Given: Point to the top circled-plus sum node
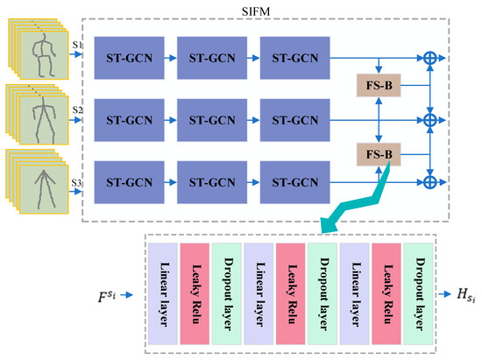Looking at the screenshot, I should [430, 57].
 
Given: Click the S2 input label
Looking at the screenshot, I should [78, 109].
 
